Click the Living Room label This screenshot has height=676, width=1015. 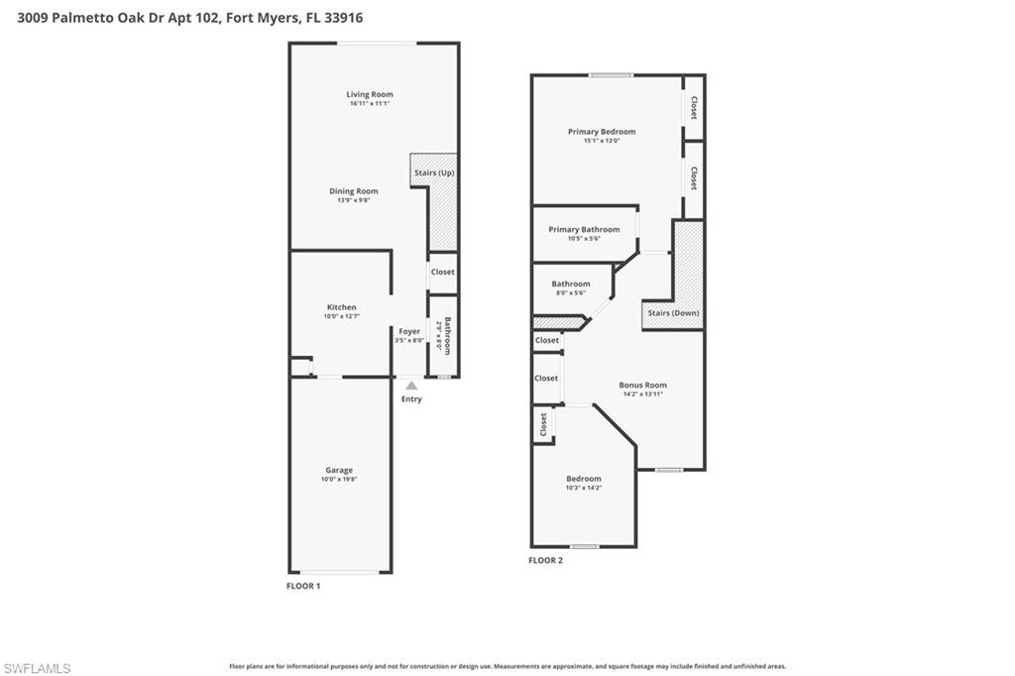370,94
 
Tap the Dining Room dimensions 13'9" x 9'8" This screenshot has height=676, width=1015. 354,200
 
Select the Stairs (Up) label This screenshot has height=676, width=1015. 433,172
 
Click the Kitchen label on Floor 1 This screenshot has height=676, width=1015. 341,307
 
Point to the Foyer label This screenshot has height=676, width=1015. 409,331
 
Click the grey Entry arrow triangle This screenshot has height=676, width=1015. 411,386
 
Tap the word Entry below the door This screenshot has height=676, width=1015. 411,399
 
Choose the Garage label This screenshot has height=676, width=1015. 339,470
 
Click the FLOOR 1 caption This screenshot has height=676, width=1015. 303,586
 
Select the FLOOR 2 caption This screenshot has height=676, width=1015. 545,560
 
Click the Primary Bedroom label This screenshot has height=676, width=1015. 602,131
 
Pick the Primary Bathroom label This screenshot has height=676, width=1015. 584,229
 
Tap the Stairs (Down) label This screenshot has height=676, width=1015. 673,313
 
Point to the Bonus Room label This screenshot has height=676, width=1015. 642,385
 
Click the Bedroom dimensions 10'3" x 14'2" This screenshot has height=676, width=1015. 584,488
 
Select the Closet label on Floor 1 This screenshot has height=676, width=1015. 442,272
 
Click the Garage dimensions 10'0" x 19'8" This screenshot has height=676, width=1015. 339,480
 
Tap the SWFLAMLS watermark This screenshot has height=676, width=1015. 37,668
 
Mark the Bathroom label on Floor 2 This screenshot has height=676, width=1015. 571,283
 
